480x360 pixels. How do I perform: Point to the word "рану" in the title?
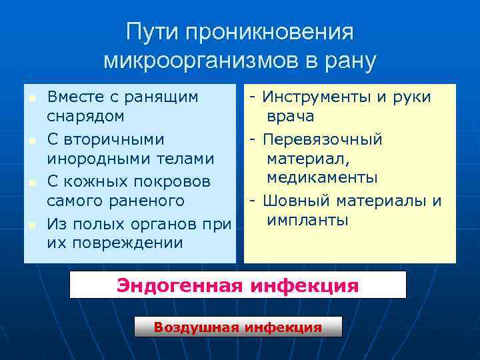click(x=349, y=61)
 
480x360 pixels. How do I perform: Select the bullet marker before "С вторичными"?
click(x=31, y=141)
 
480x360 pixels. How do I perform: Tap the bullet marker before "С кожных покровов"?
click(x=31, y=183)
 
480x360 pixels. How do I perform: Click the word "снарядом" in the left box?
click(x=85, y=116)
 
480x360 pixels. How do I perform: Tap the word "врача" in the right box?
click(x=291, y=116)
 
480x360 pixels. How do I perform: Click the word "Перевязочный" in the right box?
click(x=323, y=139)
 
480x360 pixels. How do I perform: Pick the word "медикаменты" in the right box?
click(x=322, y=178)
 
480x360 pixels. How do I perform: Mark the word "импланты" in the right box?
click(x=307, y=219)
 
